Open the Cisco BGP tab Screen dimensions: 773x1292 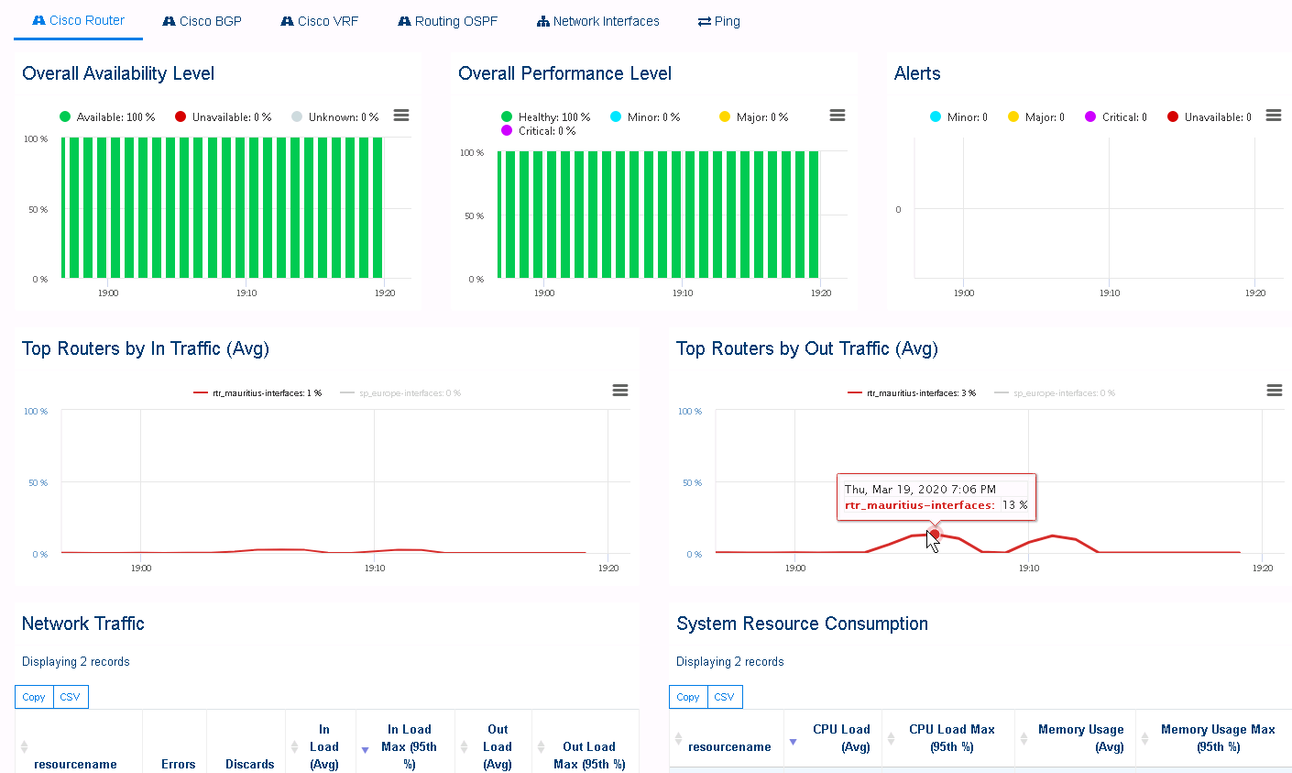click(203, 21)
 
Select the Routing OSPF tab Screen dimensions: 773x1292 click(448, 21)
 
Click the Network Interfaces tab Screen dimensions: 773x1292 click(598, 21)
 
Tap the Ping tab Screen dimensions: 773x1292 click(719, 21)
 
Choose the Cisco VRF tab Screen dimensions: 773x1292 click(320, 21)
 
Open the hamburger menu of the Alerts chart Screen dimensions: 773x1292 click(1273, 116)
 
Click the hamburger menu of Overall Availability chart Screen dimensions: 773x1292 click(400, 116)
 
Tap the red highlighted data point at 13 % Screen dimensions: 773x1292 click(934, 534)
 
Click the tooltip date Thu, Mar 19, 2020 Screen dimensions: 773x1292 click(920, 490)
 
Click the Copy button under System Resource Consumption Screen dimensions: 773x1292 click(688, 697)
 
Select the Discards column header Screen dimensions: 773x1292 click(249, 764)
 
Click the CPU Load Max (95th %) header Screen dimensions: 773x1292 click(951, 738)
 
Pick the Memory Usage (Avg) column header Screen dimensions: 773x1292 click(1080, 738)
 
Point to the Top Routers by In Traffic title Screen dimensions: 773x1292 click(146, 348)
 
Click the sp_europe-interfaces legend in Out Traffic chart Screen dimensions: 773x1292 click(1063, 393)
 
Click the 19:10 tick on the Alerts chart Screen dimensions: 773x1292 click(1109, 293)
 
